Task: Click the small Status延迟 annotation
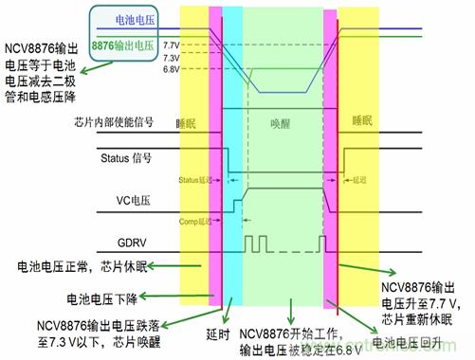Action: [x=196, y=178]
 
